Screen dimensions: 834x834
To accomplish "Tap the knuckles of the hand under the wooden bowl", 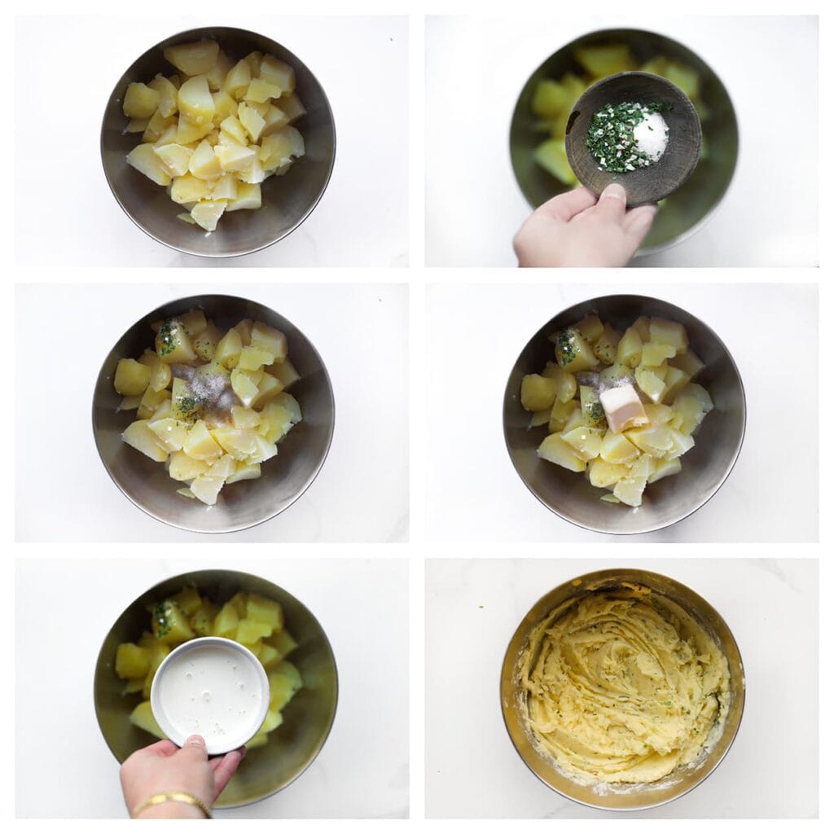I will click(554, 236).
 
